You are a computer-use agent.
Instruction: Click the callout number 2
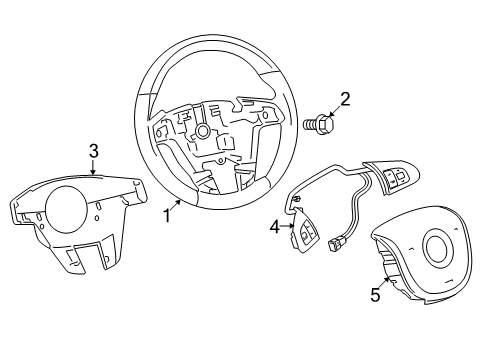tap(344, 99)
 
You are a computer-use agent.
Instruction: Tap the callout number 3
tap(92, 150)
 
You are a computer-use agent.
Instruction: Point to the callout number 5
tap(375, 295)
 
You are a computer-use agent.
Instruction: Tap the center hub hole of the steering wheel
tap(203, 130)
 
